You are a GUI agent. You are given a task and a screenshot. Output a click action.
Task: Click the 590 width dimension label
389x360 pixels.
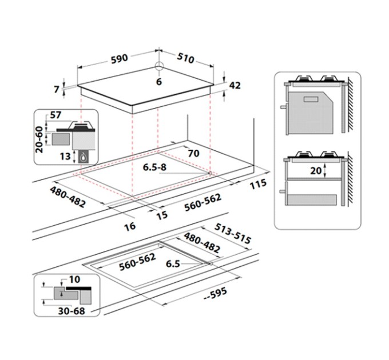tap(119, 58)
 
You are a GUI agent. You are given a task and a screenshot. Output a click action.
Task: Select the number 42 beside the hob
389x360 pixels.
tap(234, 85)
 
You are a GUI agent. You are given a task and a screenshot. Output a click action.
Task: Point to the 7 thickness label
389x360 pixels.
tap(57, 89)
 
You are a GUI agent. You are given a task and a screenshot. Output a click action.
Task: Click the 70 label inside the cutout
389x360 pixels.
tap(193, 153)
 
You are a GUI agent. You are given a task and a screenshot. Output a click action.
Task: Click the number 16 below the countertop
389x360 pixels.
tap(130, 227)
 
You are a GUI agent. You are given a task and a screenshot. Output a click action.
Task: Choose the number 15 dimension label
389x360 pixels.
tap(162, 215)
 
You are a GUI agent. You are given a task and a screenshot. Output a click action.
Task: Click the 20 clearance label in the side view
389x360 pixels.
tap(316, 170)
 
